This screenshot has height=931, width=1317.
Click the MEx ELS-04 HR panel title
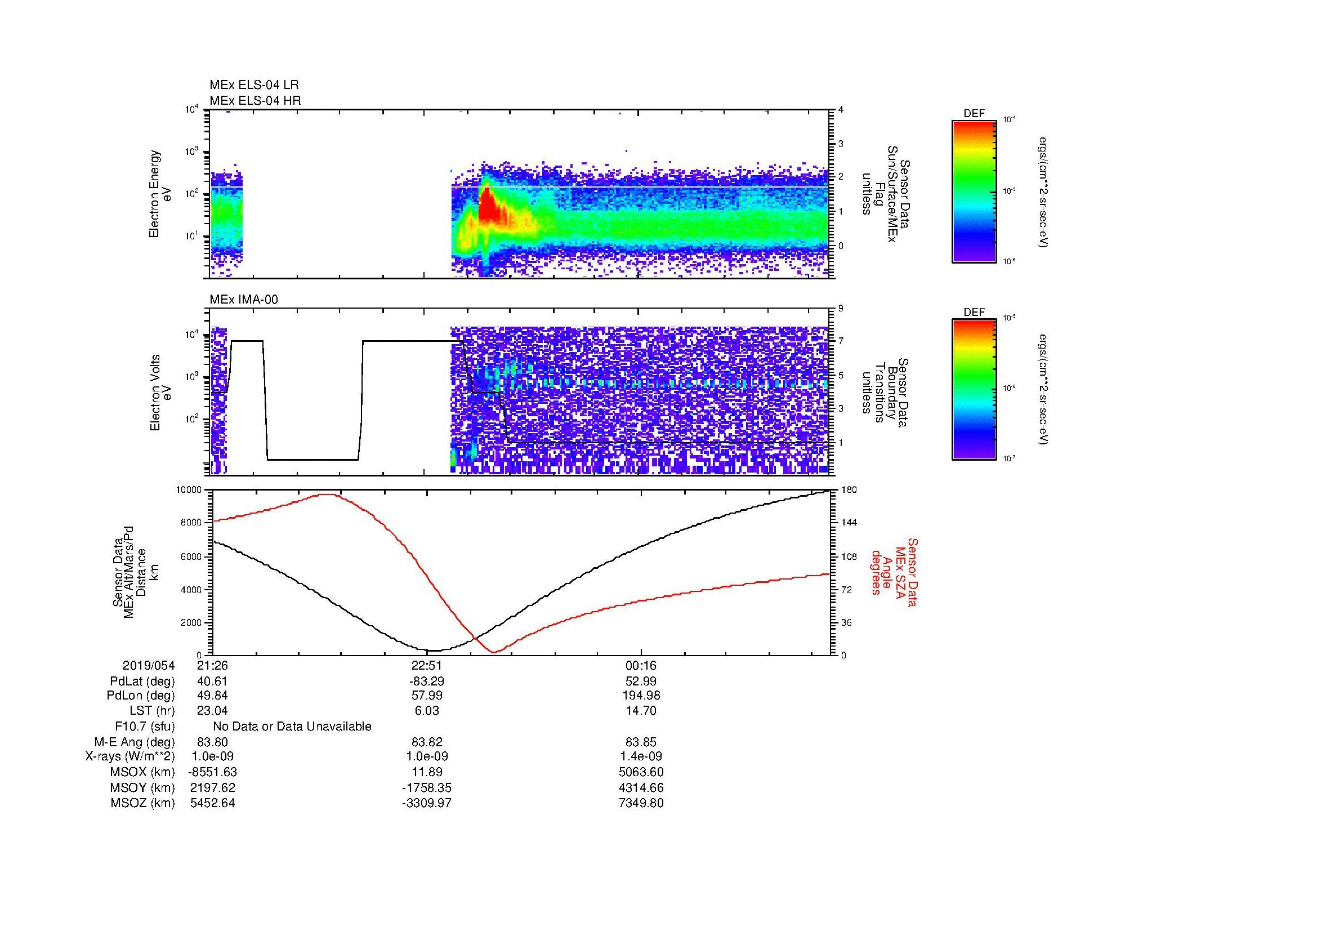255,100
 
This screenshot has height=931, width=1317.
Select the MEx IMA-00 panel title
244,300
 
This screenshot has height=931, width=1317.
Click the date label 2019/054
149,665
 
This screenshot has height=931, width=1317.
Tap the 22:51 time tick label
427,665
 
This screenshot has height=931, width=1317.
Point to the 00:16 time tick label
641,665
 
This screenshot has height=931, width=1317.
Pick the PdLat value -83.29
427,681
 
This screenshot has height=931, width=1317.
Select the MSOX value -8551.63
212,772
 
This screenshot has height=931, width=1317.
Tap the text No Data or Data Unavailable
292,726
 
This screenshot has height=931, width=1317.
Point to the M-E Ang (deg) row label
135,742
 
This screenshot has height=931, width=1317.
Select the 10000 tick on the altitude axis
188,490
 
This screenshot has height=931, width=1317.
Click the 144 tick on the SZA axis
849,523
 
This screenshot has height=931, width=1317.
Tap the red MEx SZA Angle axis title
894,572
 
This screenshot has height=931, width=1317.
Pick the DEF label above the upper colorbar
974,114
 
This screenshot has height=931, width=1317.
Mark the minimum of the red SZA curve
494,652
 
